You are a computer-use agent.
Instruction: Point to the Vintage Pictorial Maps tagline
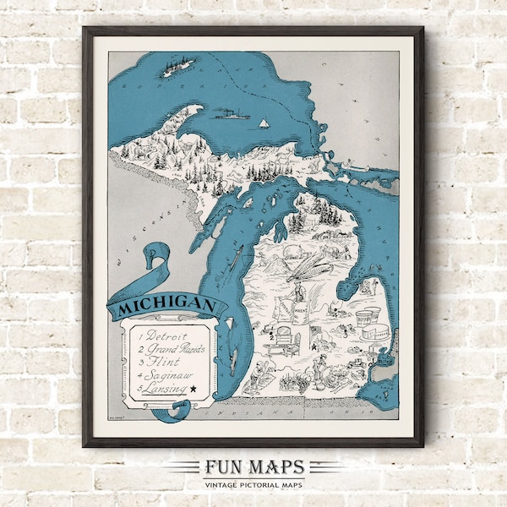tap(253, 483)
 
